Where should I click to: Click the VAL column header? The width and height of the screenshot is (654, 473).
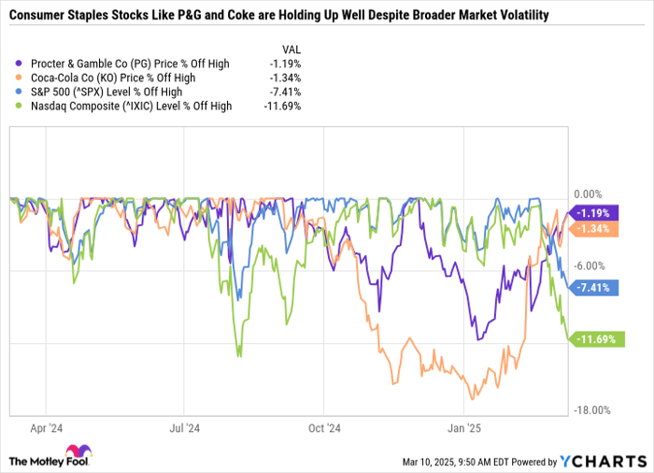pyautogui.click(x=291, y=49)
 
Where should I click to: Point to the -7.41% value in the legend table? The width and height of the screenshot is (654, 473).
pyautogui.click(x=285, y=92)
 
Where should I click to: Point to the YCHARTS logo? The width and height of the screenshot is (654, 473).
pyautogui.click(x=602, y=460)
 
